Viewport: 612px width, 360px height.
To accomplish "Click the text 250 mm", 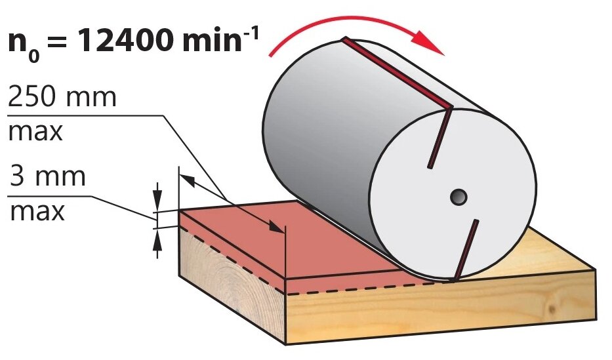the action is [x=62, y=98].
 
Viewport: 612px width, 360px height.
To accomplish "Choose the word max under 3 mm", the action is [x=35, y=211].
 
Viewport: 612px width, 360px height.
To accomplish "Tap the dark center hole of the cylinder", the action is [x=458, y=196].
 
